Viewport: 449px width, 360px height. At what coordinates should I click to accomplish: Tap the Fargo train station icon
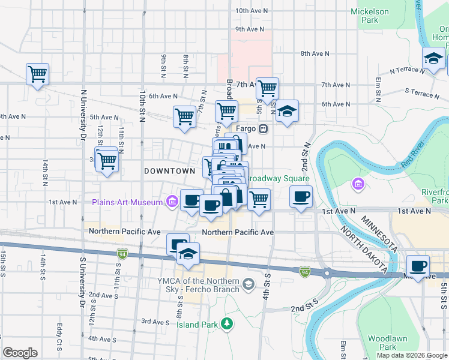[x=263, y=129]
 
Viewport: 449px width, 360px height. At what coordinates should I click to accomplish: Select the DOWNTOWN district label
[x=170, y=171]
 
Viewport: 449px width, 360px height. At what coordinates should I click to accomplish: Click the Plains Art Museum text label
[x=127, y=202]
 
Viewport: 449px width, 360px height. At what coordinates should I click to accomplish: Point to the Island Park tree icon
[x=227, y=325]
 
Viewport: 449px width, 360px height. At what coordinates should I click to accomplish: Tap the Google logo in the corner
[x=20, y=352]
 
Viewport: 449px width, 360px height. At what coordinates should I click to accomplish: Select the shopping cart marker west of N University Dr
[x=37, y=74]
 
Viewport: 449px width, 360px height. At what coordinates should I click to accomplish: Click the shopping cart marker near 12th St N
[x=107, y=160]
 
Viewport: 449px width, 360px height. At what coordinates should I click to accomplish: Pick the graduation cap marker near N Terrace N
[x=433, y=59]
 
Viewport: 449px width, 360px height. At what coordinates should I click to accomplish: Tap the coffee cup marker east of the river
[x=418, y=265]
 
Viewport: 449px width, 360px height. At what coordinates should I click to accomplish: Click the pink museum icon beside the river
[x=358, y=184]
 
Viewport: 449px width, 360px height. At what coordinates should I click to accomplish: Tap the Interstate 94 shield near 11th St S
[x=122, y=255]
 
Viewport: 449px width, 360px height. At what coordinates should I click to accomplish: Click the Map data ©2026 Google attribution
[x=411, y=355]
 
